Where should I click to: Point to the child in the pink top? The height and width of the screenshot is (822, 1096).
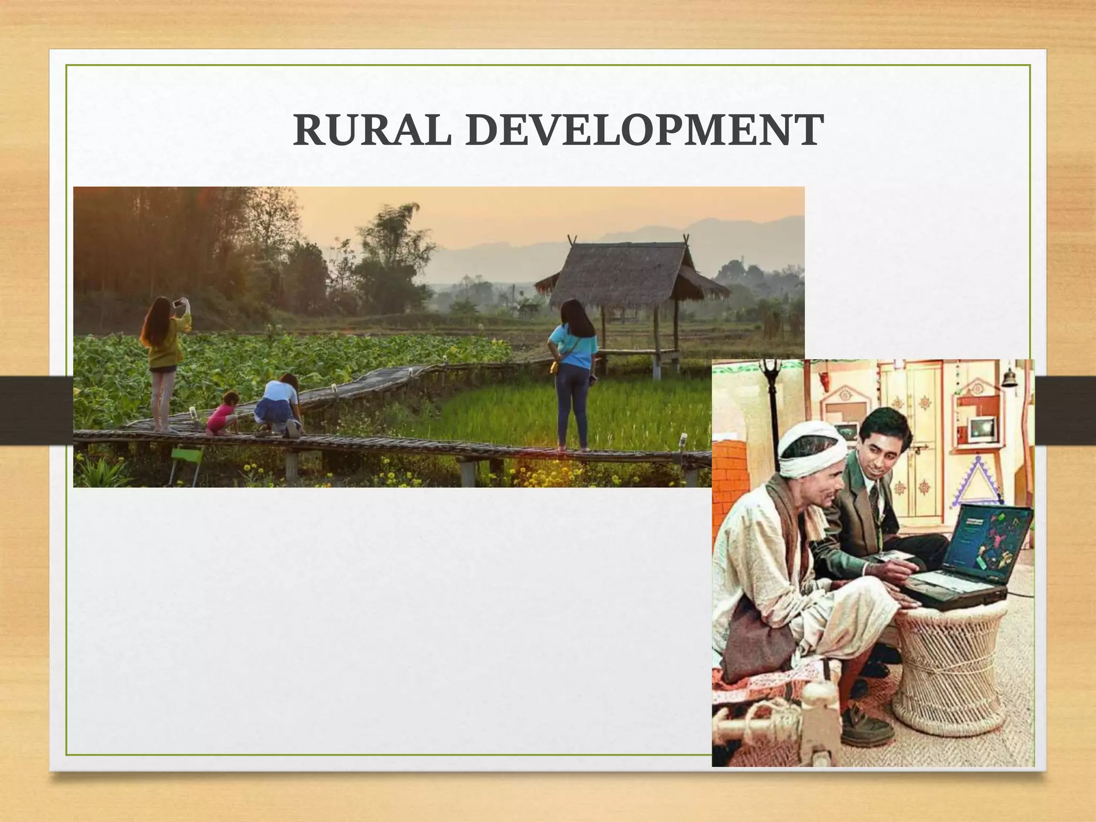(x=222, y=412)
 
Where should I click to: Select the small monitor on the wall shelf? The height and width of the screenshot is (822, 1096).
(x=981, y=428)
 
